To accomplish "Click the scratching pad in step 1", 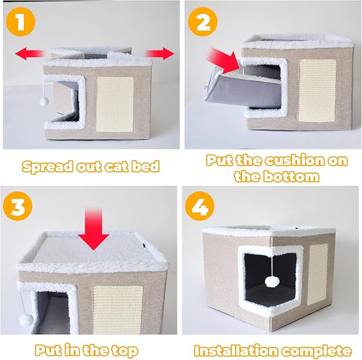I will point(115,104).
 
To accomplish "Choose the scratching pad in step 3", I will point(118,306).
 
